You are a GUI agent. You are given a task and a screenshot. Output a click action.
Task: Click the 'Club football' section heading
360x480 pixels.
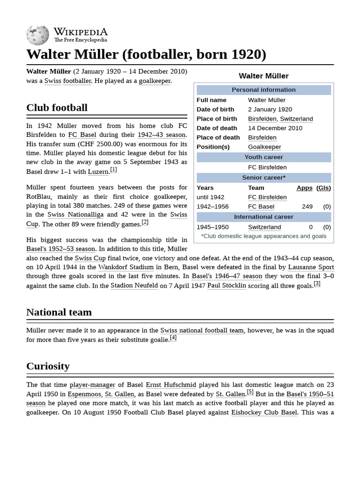57,108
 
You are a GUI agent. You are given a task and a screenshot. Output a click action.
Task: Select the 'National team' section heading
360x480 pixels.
59,312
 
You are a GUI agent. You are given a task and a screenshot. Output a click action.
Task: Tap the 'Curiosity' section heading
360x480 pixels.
48,366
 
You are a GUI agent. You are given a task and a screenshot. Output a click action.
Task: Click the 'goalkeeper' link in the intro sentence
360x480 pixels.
155,81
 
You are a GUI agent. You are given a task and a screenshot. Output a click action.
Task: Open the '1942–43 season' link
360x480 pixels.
162,135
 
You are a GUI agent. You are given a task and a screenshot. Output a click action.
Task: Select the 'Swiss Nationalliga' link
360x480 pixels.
75,215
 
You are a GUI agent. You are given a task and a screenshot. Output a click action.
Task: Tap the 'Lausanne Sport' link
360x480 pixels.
311,267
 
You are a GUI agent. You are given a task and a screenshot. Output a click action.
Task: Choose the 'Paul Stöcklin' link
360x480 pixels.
226,285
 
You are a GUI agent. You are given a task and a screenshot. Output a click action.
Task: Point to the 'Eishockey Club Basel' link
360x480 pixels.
264,412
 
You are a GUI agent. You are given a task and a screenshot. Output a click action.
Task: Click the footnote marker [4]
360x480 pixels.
173,337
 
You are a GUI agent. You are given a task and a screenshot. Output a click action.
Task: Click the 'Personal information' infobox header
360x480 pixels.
263,90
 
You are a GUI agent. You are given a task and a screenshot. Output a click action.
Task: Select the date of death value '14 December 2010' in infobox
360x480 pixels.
269,128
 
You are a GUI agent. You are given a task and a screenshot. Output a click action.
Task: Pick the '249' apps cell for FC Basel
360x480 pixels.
307,207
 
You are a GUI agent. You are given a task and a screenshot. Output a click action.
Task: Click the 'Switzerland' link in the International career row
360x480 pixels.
264,227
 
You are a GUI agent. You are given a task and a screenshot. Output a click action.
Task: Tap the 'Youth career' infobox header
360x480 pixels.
263,157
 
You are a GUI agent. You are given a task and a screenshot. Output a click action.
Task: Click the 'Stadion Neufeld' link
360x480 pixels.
134,285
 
